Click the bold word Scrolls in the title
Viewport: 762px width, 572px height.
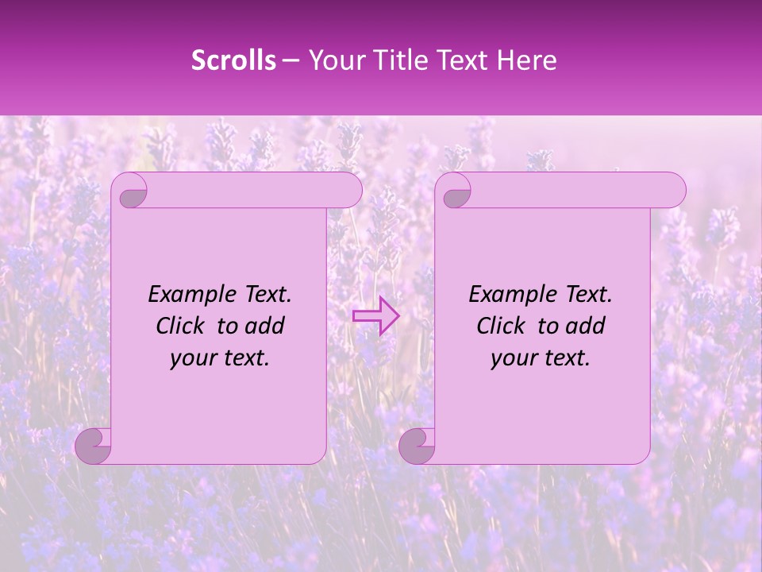click(233, 60)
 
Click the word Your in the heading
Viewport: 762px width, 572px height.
click(337, 60)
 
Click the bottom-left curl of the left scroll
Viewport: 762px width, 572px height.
click(93, 446)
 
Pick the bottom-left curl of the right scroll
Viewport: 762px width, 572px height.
click(417, 446)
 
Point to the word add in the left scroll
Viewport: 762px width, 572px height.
click(265, 326)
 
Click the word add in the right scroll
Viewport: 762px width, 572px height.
click(586, 326)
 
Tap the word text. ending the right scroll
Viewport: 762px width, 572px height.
click(565, 358)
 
